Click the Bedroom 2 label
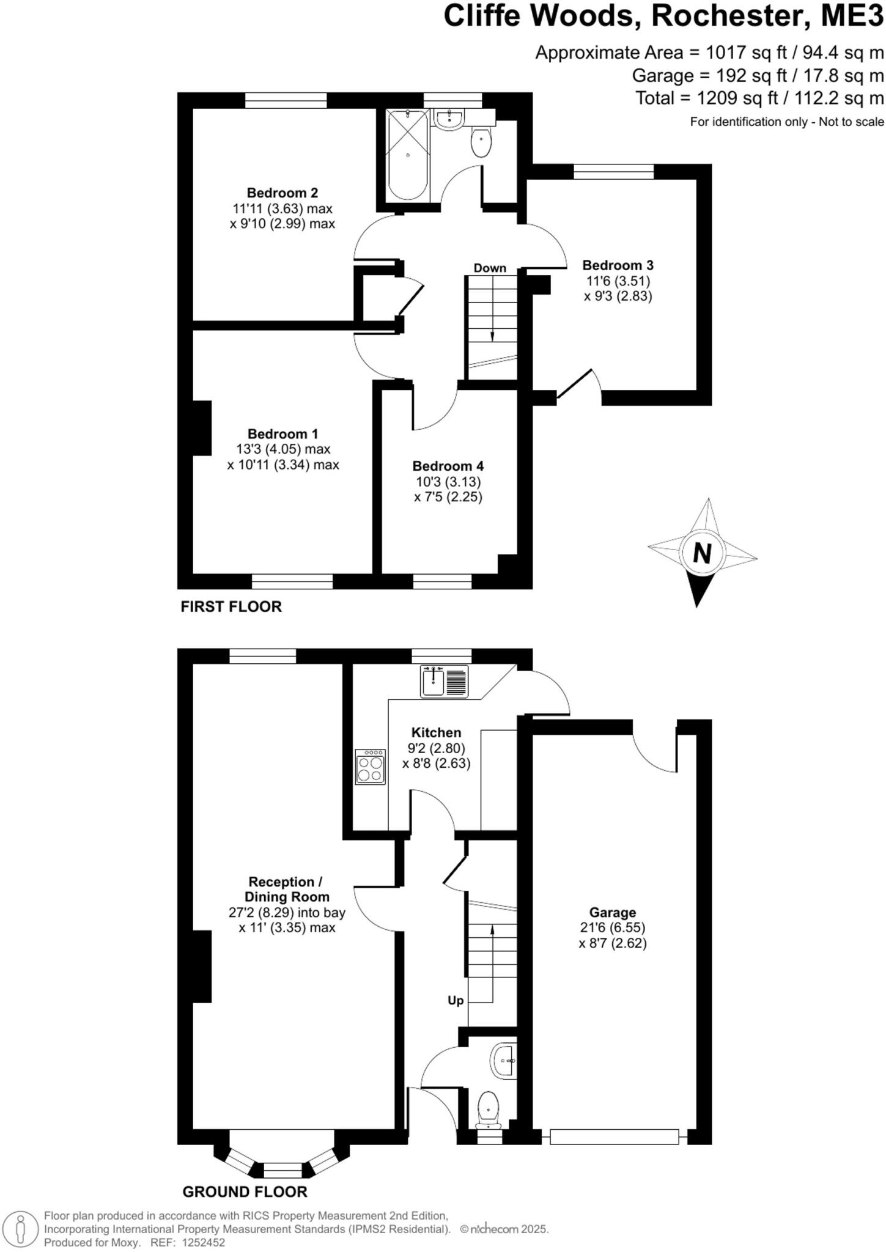(282, 193)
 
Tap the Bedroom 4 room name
(448, 466)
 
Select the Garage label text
(612, 913)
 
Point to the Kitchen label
(436, 732)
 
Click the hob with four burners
(371, 767)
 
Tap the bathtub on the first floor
(408, 154)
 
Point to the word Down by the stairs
(490, 268)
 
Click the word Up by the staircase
(456, 1001)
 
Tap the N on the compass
(702, 554)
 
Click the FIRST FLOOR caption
(231, 606)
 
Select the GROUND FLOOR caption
(245, 1191)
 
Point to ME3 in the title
(852, 16)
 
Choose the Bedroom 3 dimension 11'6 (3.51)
(618, 281)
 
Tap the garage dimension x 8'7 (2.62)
(612, 943)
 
